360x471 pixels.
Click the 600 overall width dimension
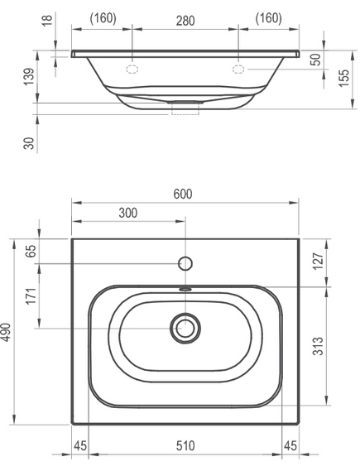(x=183, y=194)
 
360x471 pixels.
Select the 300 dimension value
(x=128, y=213)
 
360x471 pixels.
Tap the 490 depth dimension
(x=6, y=332)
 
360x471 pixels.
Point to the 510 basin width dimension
(x=185, y=446)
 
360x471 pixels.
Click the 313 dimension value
(x=319, y=346)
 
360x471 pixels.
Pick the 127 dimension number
(x=319, y=262)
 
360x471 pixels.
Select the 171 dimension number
(x=31, y=296)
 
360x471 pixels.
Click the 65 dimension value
(x=31, y=251)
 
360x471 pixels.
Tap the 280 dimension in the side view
(x=185, y=21)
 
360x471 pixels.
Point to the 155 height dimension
(x=344, y=79)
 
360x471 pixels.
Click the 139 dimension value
(x=30, y=77)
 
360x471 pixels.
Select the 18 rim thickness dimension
(x=47, y=19)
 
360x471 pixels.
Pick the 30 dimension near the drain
(x=29, y=143)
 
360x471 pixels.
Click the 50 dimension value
(x=316, y=59)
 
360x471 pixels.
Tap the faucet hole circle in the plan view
(x=185, y=264)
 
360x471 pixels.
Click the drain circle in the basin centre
(x=185, y=328)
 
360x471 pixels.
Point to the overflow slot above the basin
(x=185, y=289)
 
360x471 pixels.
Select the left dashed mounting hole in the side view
(x=132, y=70)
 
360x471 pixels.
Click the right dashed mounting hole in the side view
(x=238, y=70)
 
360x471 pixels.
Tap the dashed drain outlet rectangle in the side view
(x=185, y=108)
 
